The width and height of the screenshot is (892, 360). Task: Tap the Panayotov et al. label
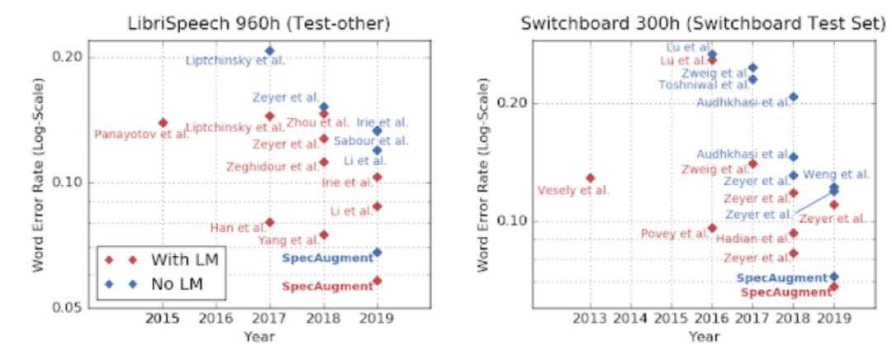pos(141,135)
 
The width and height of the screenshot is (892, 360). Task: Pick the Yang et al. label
pos(288,240)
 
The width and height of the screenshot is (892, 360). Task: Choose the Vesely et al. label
pos(573,191)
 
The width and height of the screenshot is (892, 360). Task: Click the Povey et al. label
pos(675,234)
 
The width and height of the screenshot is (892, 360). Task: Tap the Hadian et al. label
pos(751,239)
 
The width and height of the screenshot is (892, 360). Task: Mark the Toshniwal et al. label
pos(705,84)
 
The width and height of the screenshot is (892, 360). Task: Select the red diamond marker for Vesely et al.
pos(590,178)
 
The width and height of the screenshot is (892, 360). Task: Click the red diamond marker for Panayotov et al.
pos(163,123)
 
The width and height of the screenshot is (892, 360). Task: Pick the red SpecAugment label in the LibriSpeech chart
pos(328,287)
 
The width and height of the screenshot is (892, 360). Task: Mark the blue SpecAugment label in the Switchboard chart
pos(781,278)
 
